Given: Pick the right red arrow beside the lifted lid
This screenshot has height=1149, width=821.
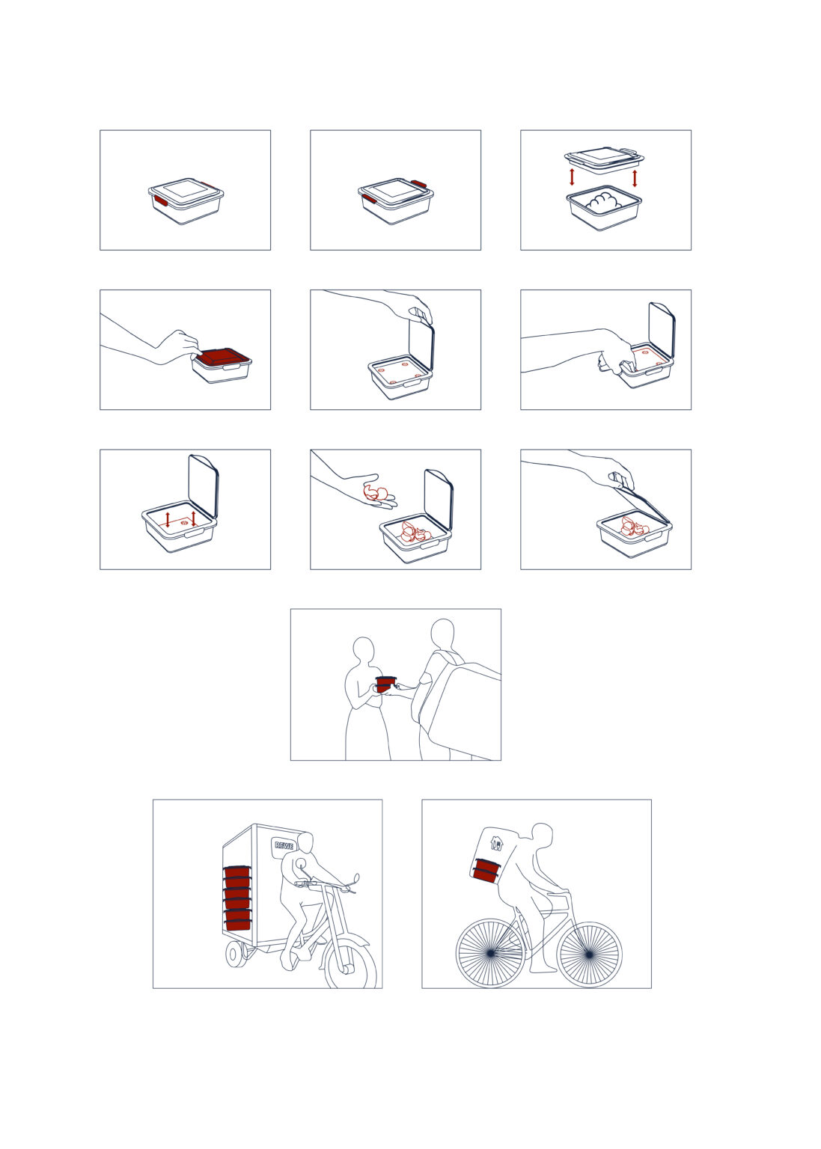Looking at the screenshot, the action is pyautogui.click(x=635, y=179).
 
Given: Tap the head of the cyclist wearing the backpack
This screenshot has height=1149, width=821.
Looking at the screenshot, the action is pyautogui.click(x=542, y=838).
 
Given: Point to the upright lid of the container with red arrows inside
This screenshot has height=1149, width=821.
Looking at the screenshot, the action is pyautogui.click(x=204, y=485).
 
